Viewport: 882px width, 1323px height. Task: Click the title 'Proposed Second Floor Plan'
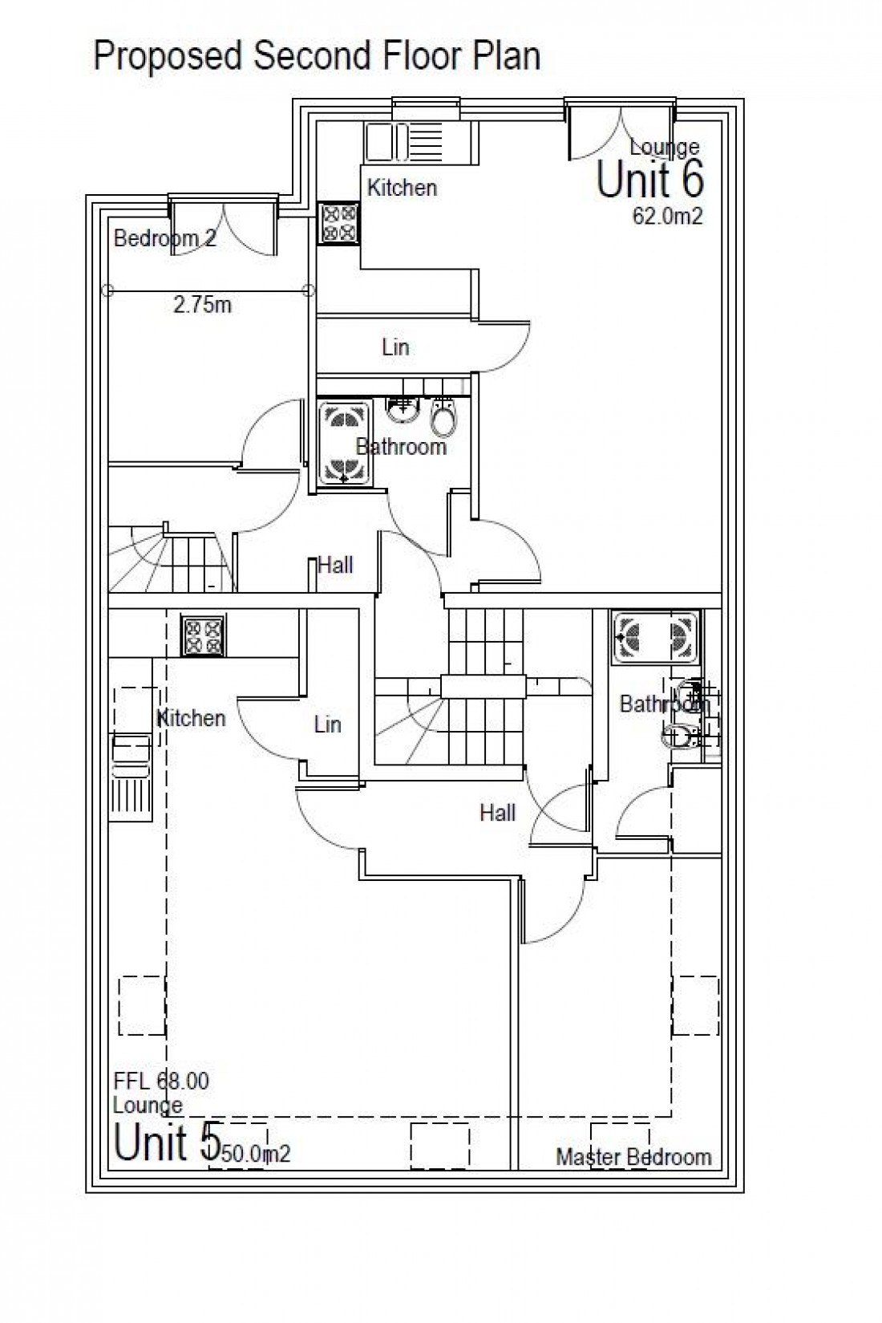pyautogui.click(x=317, y=56)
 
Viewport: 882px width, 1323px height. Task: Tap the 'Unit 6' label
pyautogui.click(x=649, y=179)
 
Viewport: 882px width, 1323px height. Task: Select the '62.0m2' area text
pyautogui.click(x=667, y=217)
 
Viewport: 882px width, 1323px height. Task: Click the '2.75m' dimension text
pyautogui.click(x=202, y=305)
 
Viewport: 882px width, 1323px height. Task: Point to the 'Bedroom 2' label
pyautogui.click(x=164, y=238)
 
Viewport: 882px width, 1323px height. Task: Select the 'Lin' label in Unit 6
pyautogui.click(x=395, y=347)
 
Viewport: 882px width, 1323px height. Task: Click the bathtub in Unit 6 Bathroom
pyautogui.click(x=344, y=443)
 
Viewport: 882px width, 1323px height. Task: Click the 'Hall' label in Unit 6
pyautogui.click(x=335, y=566)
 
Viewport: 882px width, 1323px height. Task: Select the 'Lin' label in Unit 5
pyautogui.click(x=327, y=724)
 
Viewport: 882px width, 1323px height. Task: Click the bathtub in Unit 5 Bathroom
pyautogui.click(x=655, y=638)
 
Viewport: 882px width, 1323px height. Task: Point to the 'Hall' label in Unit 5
pyautogui.click(x=497, y=814)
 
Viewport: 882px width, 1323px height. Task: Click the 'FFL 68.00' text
pyautogui.click(x=161, y=1082)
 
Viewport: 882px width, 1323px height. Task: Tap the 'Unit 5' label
pyautogui.click(x=166, y=1142)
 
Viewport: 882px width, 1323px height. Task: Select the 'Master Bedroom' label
pyautogui.click(x=633, y=1157)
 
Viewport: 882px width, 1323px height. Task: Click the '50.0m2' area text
pyautogui.click(x=255, y=1155)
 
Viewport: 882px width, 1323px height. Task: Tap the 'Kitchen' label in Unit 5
pyautogui.click(x=191, y=718)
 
